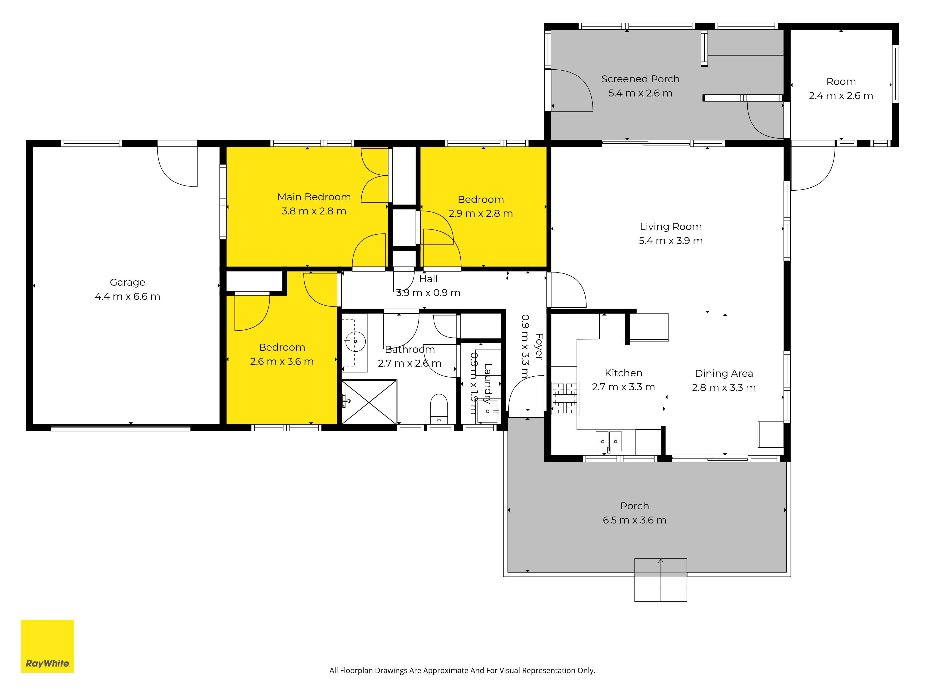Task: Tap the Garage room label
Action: [128, 282]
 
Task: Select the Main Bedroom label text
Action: [314, 197]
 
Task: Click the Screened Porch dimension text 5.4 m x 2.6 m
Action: [640, 93]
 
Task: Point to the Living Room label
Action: [671, 227]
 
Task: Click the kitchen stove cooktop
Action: [565, 398]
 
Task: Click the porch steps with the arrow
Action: [661, 580]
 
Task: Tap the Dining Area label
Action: [724, 374]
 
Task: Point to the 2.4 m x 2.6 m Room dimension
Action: [841, 96]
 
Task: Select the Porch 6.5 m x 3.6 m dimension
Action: [634, 520]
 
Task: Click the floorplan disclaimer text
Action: [462, 671]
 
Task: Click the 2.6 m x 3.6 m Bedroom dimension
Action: [282, 361]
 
